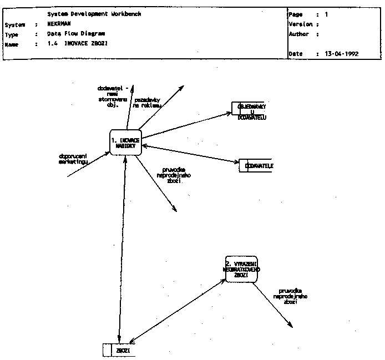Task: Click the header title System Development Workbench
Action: point(94,14)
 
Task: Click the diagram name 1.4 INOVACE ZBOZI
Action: point(78,43)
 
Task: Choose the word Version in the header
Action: point(301,24)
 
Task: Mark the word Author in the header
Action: point(299,34)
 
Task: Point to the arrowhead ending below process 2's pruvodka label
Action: point(291,326)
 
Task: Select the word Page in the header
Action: point(295,14)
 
